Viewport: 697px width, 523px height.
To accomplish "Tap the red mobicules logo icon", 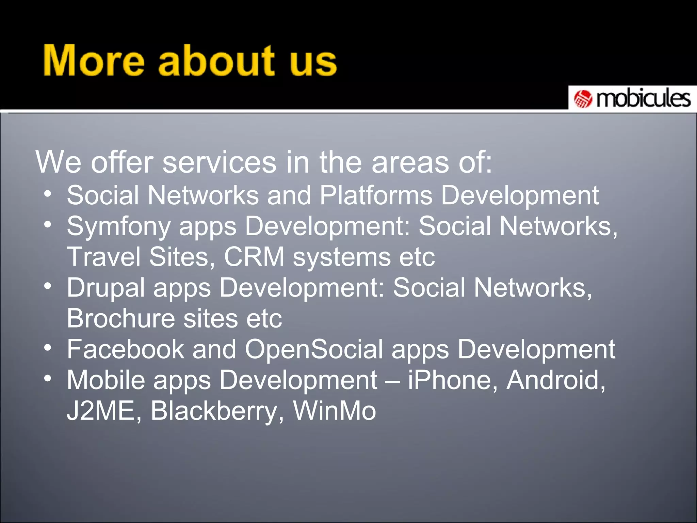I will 583,99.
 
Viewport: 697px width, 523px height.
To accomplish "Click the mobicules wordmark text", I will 643,98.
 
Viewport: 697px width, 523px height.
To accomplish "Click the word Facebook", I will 125,349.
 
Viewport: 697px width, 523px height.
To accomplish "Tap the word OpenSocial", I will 314,350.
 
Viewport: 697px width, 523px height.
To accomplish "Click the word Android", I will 555,380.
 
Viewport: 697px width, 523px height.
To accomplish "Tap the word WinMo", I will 335,411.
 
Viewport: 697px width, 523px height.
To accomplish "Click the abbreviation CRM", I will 254,257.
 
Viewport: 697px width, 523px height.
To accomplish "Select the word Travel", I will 103,257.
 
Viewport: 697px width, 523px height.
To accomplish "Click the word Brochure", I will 120,319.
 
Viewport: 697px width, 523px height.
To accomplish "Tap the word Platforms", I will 376,196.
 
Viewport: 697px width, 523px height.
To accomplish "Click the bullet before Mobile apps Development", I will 48,378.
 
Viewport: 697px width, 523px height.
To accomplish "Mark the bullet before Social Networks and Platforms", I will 48,194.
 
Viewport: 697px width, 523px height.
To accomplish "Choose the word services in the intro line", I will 219,162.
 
